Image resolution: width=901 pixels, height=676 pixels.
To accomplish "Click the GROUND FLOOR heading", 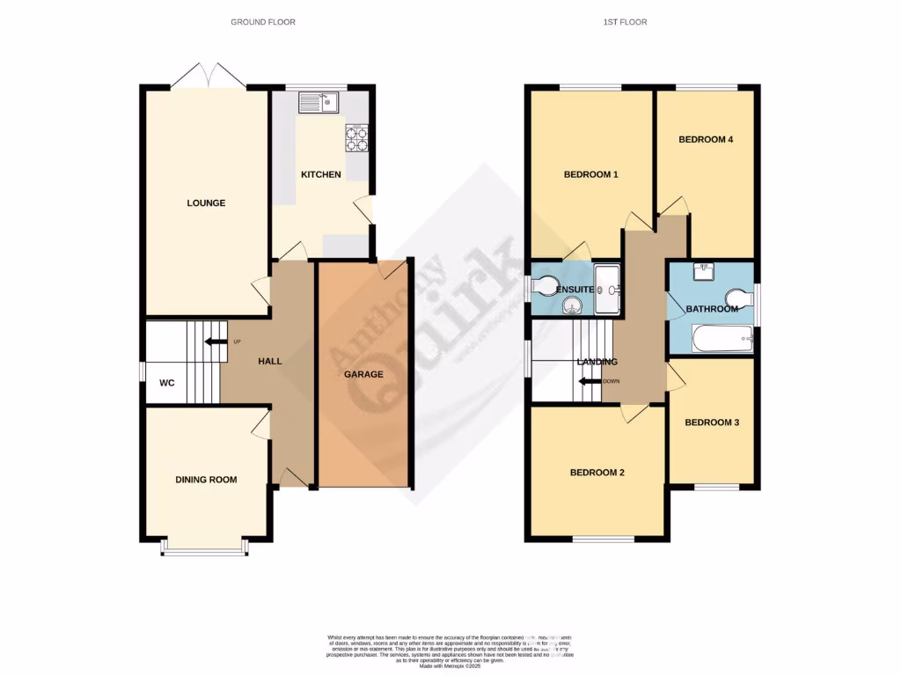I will tap(263, 22).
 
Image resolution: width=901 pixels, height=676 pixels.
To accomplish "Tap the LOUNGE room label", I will tap(206, 203).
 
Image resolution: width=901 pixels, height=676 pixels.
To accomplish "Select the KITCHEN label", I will tap(321, 174).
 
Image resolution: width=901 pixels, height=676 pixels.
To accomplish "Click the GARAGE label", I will tap(363, 374).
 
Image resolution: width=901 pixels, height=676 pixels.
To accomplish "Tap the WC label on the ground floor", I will tap(168, 384).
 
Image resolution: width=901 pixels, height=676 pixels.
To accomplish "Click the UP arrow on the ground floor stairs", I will tap(214, 342).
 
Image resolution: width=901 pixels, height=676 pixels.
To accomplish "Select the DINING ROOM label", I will tap(207, 480).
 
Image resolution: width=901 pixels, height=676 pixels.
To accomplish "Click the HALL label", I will tap(269, 361).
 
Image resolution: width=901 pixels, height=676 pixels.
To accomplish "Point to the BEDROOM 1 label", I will tap(591, 174).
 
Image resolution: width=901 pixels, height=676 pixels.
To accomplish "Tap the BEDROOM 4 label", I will tap(706, 139).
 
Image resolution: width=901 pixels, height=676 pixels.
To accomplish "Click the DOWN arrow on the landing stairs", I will tap(591, 381).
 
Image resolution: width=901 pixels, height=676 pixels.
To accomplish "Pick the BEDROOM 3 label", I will tap(712, 422).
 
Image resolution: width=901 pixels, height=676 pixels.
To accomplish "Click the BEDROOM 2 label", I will tap(597, 473).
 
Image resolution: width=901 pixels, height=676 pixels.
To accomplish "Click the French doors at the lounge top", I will tap(209, 77).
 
